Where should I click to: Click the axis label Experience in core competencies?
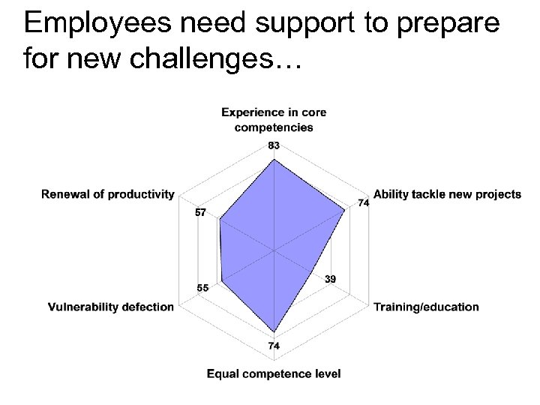(x=274, y=119)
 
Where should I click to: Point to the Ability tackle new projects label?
(x=447, y=194)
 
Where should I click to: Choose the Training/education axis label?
(x=425, y=306)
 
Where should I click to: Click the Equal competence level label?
(x=274, y=373)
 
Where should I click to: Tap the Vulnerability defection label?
(x=111, y=306)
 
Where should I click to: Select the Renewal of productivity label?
(x=108, y=194)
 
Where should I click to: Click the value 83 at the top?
(x=274, y=145)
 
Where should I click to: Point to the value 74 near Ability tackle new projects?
(x=362, y=203)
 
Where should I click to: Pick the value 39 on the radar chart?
(x=331, y=279)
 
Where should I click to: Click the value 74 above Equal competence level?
(x=274, y=346)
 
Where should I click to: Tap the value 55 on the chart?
(x=203, y=288)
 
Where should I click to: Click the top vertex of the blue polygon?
(x=274, y=157)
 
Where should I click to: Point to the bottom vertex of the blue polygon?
(x=274, y=333)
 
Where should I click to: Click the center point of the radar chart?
(x=274, y=250)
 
